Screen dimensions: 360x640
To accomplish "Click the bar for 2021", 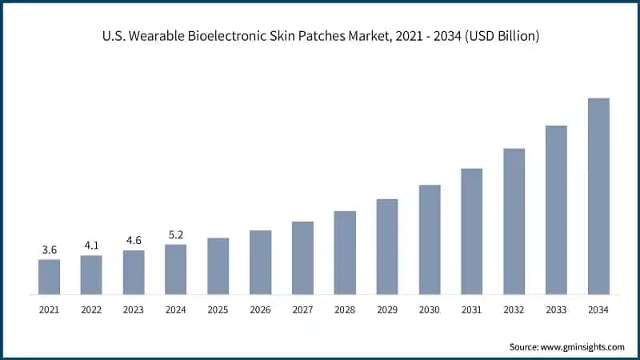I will click(x=49, y=277).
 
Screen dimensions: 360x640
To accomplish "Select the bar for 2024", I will click(x=175, y=270).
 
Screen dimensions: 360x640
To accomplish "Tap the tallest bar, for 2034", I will click(x=598, y=196).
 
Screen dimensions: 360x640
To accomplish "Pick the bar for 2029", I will click(x=387, y=246).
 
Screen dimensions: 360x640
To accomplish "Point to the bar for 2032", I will click(x=514, y=222).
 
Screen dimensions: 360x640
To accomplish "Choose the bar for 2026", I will click(x=260, y=262).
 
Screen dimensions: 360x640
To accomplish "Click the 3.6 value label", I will click(x=49, y=250).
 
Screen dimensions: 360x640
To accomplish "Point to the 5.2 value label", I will click(x=175, y=235).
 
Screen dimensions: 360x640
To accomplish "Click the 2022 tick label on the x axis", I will click(x=91, y=309).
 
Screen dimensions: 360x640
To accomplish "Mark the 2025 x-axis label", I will click(x=218, y=309).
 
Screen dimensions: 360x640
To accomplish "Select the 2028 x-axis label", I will click(x=345, y=309).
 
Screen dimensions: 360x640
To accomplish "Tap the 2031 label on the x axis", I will click(x=471, y=309).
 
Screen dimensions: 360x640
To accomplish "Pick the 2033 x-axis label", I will click(x=556, y=309).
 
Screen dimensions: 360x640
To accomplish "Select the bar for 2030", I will click(x=430, y=239).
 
